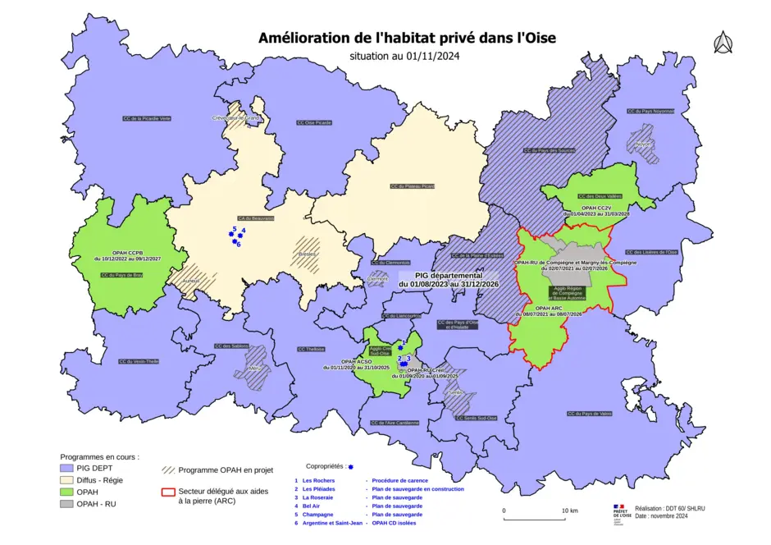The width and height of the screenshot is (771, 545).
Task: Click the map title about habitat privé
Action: click(x=407, y=38)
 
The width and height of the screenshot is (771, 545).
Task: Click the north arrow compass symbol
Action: click(x=722, y=42)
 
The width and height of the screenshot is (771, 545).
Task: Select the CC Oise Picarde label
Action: click(x=314, y=122)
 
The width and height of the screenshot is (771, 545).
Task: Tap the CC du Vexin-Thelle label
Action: click(x=138, y=361)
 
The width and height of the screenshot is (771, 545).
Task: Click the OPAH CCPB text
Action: click(x=127, y=253)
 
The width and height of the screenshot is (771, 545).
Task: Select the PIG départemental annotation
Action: click(x=448, y=279)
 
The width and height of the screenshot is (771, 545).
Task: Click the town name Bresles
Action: click(x=307, y=254)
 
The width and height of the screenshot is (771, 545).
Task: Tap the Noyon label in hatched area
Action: click(x=642, y=143)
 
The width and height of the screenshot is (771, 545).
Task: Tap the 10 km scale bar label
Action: click(x=568, y=511)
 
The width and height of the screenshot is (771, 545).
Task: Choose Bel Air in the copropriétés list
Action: click(x=313, y=506)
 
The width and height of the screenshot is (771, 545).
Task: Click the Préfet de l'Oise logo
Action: click(x=620, y=513)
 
